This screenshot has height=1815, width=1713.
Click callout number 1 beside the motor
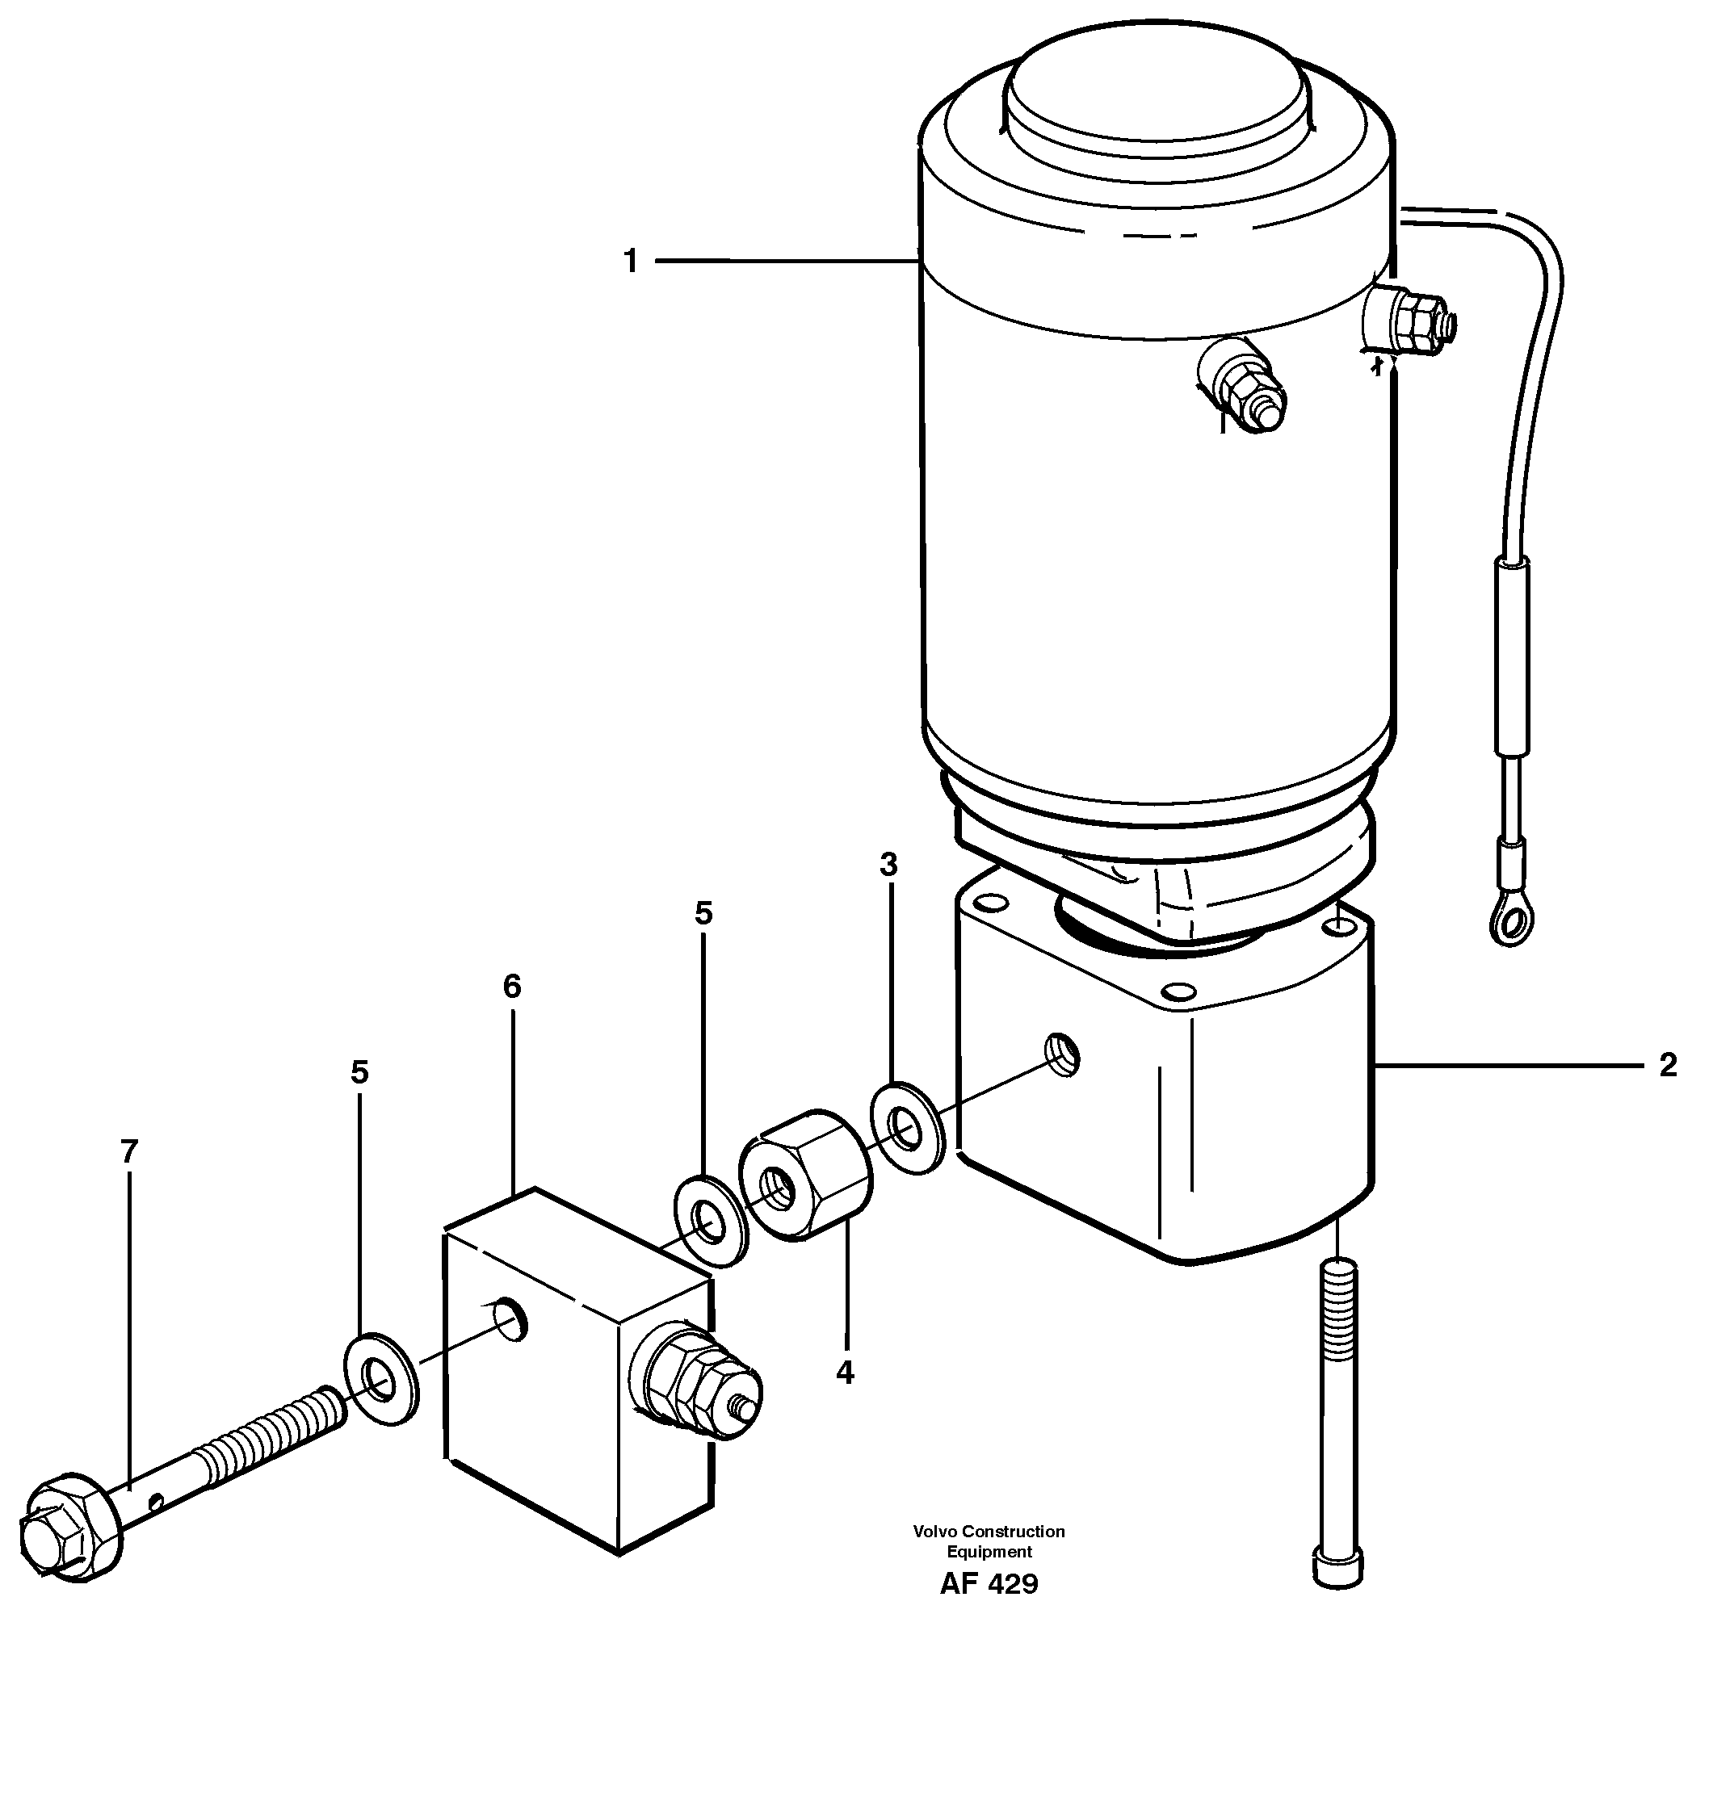point(630,262)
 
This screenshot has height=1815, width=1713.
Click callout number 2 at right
point(1667,1066)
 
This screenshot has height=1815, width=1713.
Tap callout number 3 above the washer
point(888,864)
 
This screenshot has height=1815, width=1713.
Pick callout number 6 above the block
point(511,986)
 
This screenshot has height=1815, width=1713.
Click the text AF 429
point(988,1584)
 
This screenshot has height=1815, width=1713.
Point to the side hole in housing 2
point(1063,1056)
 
